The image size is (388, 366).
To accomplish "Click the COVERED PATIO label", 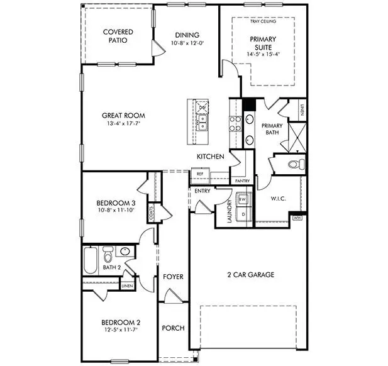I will (x=118, y=35).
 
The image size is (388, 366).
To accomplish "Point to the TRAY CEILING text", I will (x=263, y=21).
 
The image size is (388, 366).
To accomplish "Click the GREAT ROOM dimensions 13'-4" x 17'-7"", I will (x=124, y=124).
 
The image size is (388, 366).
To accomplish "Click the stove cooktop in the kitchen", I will (x=235, y=124).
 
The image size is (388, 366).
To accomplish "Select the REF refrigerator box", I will (x=200, y=174).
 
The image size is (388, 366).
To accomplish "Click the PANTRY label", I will (x=242, y=180).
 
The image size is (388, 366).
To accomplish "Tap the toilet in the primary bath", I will (x=296, y=165).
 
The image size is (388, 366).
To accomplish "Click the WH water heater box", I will (x=297, y=218).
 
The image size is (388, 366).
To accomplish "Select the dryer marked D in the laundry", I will (x=243, y=214).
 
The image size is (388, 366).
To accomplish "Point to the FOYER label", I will (x=173, y=277).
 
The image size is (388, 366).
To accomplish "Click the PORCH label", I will (x=173, y=328).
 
